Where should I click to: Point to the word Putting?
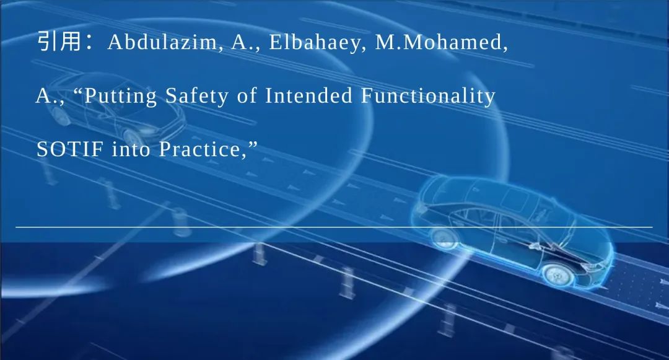pyautogui.click(x=121, y=97)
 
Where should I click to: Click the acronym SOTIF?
pyautogui.click(x=70, y=149)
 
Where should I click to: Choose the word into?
pyautogui.click(x=132, y=149)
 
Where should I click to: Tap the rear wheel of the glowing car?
pyautogui.click(x=445, y=237)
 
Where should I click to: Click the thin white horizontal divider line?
pyautogui.click(x=334, y=227)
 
